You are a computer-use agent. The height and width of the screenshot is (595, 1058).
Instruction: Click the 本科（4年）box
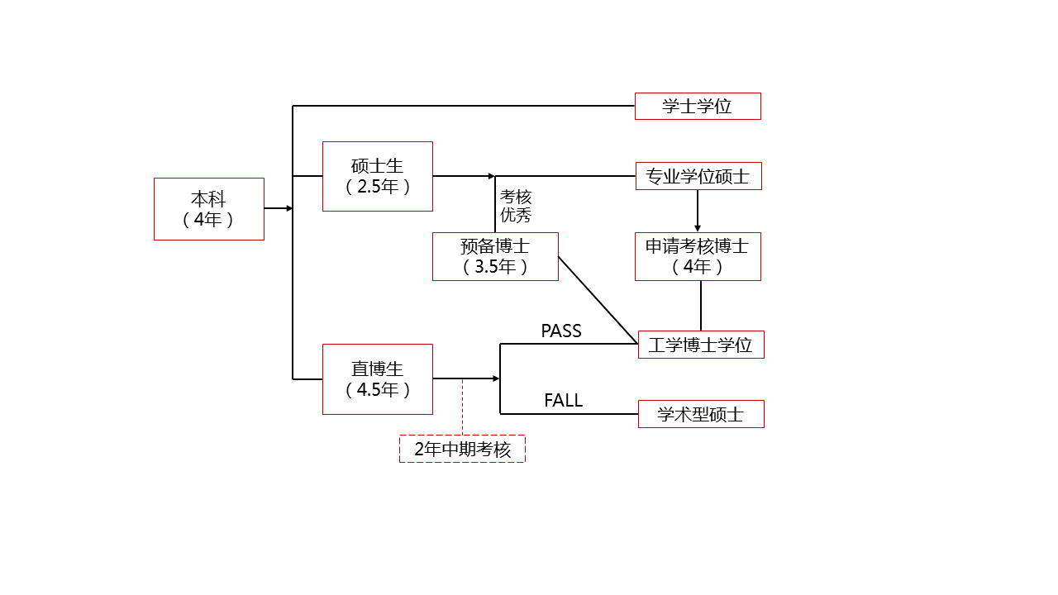click(x=208, y=209)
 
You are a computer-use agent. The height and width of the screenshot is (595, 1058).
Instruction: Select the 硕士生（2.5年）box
click(x=377, y=176)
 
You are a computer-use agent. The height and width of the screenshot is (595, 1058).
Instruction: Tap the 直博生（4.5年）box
click(x=377, y=379)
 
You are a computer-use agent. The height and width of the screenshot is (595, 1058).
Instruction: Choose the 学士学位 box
click(x=698, y=106)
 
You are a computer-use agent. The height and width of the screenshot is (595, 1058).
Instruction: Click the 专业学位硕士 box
click(x=698, y=176)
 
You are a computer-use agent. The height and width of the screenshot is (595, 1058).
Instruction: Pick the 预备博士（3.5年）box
click(x=495, y=256)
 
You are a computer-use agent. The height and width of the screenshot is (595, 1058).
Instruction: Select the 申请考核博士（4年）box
click(x=698, y=256)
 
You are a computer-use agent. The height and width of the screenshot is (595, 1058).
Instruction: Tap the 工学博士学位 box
click(x=701, y=345)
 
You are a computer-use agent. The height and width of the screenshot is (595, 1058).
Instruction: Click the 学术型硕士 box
click(x=701, y=414)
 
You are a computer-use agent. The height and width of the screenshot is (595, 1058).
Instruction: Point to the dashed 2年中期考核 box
click(x=462, y=449)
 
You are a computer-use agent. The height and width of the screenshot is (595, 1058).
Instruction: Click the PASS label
click(x=561, y=331)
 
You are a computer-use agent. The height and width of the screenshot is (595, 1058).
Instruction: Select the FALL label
click(x=563, y=401)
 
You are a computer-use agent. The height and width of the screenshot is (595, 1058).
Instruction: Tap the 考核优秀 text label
click(x=516, y=207)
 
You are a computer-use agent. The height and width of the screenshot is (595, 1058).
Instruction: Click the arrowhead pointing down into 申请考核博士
click(x=698, y=228)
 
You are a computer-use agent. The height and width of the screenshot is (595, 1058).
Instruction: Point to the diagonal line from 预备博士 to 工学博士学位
click(x=598, y=300)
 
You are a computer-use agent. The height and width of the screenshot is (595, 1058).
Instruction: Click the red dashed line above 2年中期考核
click(x=462, y=407)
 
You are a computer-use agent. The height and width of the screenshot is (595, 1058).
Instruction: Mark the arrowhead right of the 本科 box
click(x=289, y=208)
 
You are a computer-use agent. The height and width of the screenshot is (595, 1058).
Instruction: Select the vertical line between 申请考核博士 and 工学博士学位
click(x=701, y=306)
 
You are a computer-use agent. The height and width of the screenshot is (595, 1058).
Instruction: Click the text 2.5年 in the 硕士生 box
click(x=378, y=187)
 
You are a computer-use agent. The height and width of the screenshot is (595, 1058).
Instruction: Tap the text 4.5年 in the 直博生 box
click(x=378, y=390)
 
